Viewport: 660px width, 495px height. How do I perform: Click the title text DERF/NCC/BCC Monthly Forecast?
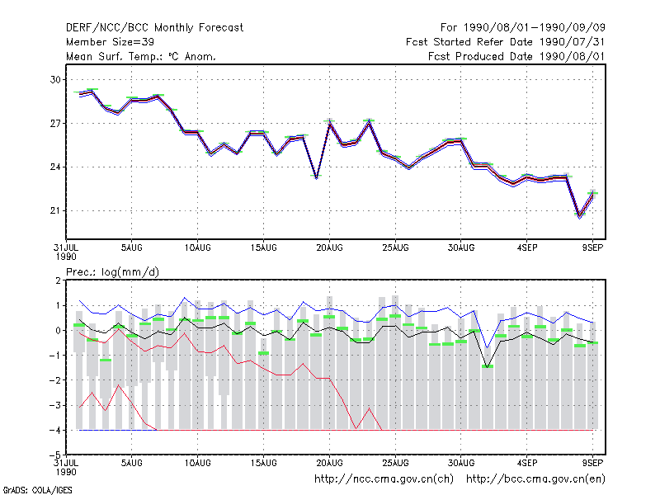click(x=154, y=28)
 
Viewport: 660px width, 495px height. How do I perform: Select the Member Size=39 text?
click(x=110, y=42)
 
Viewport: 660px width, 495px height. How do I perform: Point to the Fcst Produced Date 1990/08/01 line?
click(x=516, y=56)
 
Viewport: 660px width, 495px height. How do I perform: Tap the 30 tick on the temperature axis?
click(x=56, y=79)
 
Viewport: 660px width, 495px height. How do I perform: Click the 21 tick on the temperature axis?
click(x=56, y=210)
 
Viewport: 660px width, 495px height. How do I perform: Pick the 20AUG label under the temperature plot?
click(x=329, y=248)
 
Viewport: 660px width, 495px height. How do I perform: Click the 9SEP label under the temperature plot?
click(x=592, y=248)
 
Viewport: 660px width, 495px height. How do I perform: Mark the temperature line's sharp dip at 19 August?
click(x=317, y=177)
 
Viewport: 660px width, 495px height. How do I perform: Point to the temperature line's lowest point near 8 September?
click(x=580, y=216)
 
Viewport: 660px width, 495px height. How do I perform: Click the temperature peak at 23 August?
click(x=369, y=121)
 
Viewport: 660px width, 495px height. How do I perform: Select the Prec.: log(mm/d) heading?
click(x=112, y=272)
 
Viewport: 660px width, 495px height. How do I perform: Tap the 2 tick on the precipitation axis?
click(x=58, y=280)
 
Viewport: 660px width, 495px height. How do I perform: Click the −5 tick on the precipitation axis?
click(x=55, y=455)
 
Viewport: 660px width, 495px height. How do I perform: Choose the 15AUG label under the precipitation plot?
click(x=263, y=463)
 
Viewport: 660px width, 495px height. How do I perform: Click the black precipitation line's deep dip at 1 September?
click(x=488, y=367)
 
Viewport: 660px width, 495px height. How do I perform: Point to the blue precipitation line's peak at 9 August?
click(x=184, y=298)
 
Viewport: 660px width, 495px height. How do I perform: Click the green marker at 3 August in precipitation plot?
click(x=106, y=361)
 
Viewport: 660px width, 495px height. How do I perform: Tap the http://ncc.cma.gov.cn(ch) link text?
click(x=384, y=479)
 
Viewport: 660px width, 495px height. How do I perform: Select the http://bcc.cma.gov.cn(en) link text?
click(x=535, y=479)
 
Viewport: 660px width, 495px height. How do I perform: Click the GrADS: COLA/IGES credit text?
click(x=37, y=490)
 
